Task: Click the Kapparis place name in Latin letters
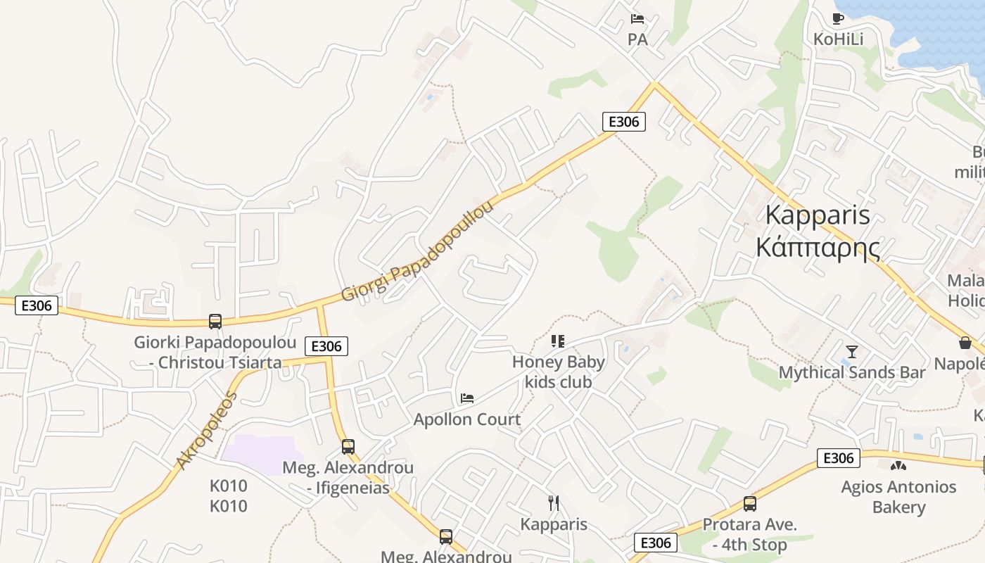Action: (x=818, y=215)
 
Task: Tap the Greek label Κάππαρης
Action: (x=818, y=247)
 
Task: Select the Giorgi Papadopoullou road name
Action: (x=418, y=251)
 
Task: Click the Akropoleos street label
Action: (x=207, y=430)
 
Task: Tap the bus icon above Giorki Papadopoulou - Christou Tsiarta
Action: (x=215, y=322)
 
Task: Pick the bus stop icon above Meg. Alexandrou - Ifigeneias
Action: (x=348, y=447)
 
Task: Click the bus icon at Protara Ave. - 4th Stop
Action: (x=750, y=504)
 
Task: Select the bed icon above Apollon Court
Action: (x=467, y=398)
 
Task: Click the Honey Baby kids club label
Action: (x=559, y=372)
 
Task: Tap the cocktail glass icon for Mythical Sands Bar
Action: (x=852, y=351)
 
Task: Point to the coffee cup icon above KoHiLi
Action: (x=837, y=18)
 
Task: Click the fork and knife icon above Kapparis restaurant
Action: (x=554, y=502)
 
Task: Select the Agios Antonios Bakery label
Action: (x=898, y=496)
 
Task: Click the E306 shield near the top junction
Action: (x=623, y=122)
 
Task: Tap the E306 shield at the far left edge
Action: (x=37, y=305)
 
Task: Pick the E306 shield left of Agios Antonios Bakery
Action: (x=838, y=458)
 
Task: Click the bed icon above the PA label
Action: (x=637, y=19)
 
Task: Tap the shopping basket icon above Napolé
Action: (x=965, y=343)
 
